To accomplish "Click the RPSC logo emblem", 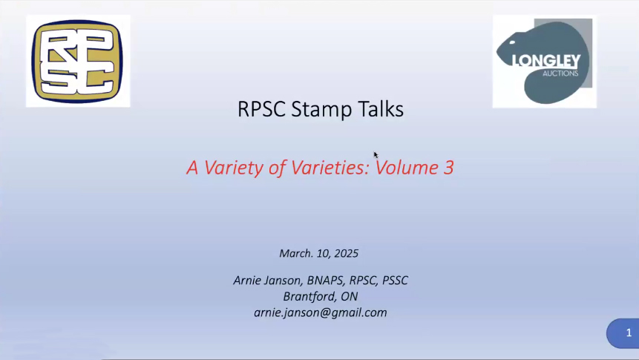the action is (x=77, y=61).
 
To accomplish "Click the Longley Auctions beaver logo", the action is (x=545, y=62).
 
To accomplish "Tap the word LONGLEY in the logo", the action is (x=546, y=61).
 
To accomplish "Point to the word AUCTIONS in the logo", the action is (x=560, y=73).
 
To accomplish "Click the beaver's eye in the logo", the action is (x=512, y=42).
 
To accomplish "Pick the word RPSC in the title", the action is (x=261, y=109).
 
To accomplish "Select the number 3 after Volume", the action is (x=449, y=168).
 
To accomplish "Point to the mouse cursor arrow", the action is (x=376, y=155).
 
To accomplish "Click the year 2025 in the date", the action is (x=347, y=254).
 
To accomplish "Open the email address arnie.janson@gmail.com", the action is (x=321, y=312).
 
